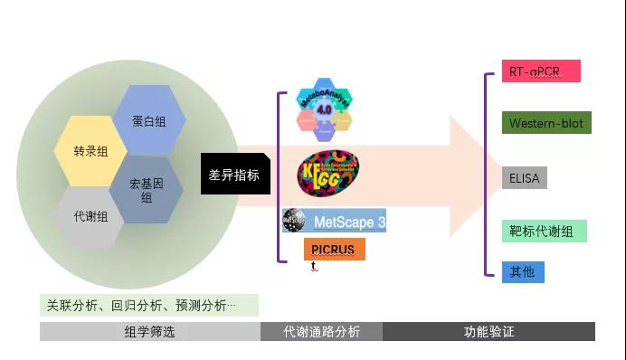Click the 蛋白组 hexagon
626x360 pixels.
[x=148, y=120]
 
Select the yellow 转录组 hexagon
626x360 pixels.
[x=90, y=152]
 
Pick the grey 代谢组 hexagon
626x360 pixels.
[x=90, y=216]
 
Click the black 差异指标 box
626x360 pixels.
[x=234, y=175]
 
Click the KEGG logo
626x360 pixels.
[x=327, y=171]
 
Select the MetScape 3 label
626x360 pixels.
[x=348, y=221]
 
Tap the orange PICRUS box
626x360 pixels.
[x=334, y=249]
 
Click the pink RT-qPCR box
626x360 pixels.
[x=540, y=71]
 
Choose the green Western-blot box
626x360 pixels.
[x=546, y=123]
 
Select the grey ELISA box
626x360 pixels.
[x=524, y=178]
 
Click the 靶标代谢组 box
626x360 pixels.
[x=545, y=232]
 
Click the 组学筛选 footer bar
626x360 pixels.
[x=149, y=332]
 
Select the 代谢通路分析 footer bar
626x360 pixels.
[x=321, y=332]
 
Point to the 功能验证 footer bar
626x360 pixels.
[x=488, y=332]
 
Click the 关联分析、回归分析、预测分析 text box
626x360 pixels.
[x=148, y=305]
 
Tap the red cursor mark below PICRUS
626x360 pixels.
[x=313, y=266]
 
